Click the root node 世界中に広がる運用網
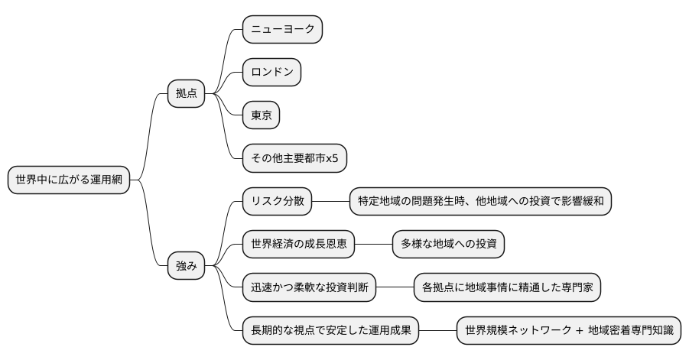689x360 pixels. pos(69,180)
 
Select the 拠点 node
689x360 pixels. pos(187,94)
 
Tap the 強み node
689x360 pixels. pos(187,266)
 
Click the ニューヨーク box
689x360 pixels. pos(282,30)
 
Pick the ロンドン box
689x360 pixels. pos(271,73)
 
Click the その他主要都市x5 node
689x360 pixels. pos(294,159)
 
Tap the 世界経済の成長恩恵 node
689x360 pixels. pos(299,245)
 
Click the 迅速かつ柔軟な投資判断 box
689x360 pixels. pos(309,287)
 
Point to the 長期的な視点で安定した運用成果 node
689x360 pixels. pos(331,331)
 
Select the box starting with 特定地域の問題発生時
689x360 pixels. pos(480,201)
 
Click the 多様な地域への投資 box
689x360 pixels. pos(448,245)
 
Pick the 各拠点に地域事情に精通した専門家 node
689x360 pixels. pos(507,287)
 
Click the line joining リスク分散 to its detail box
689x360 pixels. pos(331,201)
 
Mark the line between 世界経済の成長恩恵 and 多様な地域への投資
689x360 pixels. pos(374,245)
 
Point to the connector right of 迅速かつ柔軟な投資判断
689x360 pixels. pos(395,287)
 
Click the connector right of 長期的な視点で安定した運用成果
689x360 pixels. pos(438,331)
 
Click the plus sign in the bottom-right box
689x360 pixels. pos(579,331)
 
